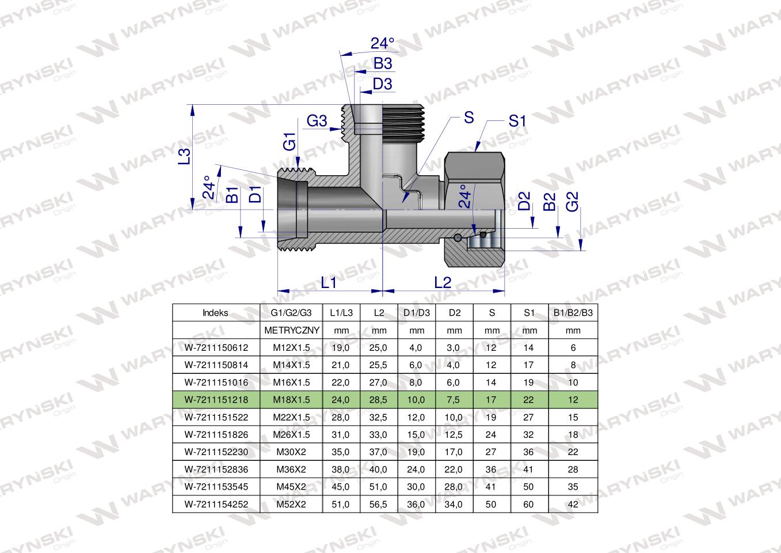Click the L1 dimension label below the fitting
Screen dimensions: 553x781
pos(329,282)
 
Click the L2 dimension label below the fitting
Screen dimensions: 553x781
pos(443,282)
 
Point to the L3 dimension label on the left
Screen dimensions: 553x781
pos(184,157)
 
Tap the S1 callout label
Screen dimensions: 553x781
pos(517,121)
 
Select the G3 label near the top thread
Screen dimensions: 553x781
pos(317,121)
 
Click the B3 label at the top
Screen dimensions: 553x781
pos(383,64)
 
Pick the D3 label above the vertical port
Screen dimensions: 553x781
pos(382,84)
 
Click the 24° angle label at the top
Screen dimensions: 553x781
pos(383,44)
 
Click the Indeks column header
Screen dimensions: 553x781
pos(215,313)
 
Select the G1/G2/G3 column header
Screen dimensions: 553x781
pos(291,313)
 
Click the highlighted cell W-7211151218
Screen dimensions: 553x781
pos(215,400)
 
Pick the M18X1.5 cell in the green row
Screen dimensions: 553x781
pos(291,400)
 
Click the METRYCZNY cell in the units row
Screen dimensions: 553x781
pos(291,331)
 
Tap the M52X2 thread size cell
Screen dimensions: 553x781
pos(291,504)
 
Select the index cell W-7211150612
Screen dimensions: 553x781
pos(215,347)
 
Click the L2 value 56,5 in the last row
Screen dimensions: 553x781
pos(379,504)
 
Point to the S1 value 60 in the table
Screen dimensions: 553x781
pos(529,504)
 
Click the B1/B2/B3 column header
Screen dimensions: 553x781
pos(573,313)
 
